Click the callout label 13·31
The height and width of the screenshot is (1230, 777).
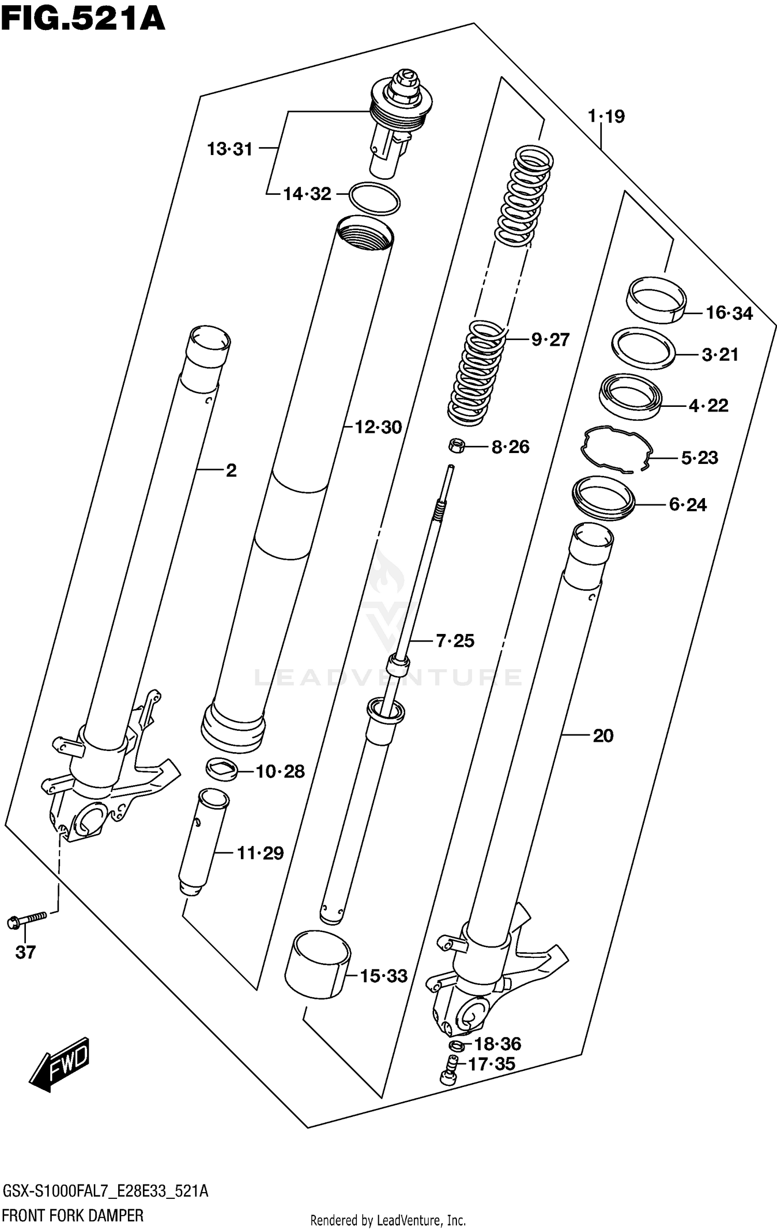pos(229,149)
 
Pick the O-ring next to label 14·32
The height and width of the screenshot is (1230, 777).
pos(375,198)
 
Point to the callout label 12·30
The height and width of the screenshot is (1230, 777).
pos(378,428)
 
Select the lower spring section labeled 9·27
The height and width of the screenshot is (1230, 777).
pos(476,373)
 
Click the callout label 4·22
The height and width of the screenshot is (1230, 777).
pos(709,405)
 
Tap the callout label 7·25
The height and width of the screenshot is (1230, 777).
pos(455,641)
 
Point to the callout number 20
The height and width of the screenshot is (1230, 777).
pos(603,736)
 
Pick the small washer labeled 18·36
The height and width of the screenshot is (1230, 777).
pos(456,1044)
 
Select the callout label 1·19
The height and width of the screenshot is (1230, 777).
pos(606,117)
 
